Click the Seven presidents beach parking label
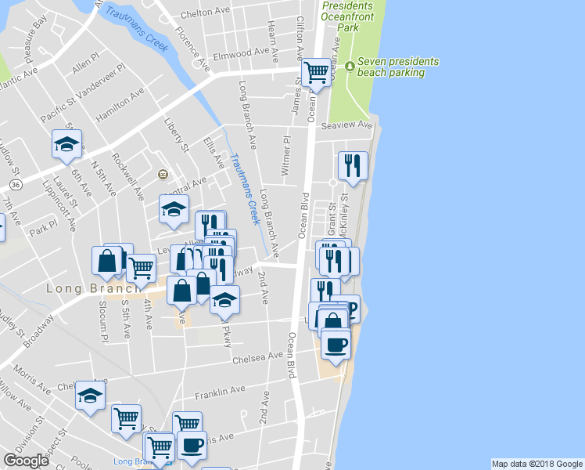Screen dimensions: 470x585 tap(397, 67)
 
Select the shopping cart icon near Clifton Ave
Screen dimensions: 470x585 tap(317, 72)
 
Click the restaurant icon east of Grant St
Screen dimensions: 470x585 tap(353, 165)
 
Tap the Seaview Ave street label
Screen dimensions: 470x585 tap(353, 125)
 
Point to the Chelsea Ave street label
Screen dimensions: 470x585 tap(258, 358)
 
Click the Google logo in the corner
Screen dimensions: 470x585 tap(26, 461)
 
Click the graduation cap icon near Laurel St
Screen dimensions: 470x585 tap(67, 143)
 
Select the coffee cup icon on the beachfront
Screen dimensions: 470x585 tap(336, 345)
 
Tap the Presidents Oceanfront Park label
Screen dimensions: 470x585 tap(353, 16)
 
